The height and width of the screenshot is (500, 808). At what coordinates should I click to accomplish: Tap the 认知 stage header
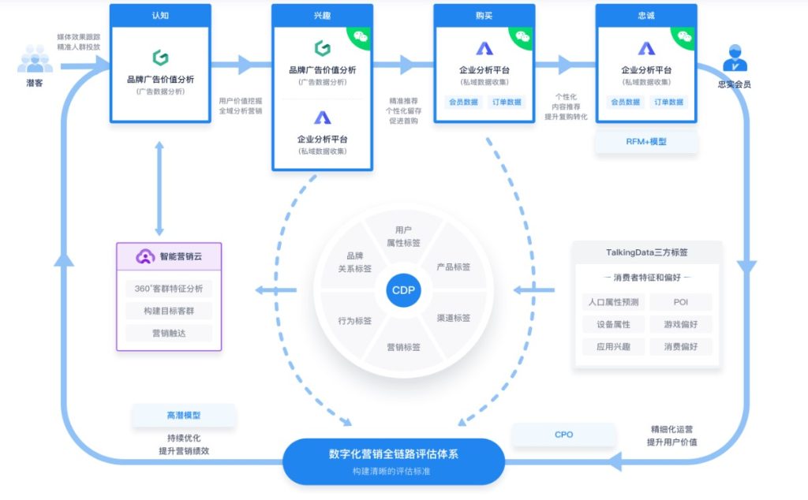pos(160,15)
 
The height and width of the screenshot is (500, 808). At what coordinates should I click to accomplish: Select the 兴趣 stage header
pos(322,15)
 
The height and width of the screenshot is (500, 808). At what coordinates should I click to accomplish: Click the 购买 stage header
pos(484,15)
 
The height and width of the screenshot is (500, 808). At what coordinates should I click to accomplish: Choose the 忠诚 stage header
pos(645,15)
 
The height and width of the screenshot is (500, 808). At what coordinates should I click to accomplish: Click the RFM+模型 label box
pos(646,142)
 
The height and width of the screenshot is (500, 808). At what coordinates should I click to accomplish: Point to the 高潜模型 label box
pos(184,415)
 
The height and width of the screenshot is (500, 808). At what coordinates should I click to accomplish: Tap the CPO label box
pos(563,435)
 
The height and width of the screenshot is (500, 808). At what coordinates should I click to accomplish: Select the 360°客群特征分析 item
pos(169,289)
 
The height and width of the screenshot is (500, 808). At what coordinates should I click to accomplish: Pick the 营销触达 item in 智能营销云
pos(169,333)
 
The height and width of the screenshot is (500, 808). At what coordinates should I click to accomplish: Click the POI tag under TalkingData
pos(680,302)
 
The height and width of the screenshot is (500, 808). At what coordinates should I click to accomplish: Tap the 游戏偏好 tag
pos(680,324)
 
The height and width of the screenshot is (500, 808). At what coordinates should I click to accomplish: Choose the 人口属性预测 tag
pos(614,302)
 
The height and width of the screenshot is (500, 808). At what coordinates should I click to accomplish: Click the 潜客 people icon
pos(35,59)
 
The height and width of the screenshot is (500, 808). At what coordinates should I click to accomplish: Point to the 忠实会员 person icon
pos(734,58)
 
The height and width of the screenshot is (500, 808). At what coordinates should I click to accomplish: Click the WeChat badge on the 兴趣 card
pos(361,36)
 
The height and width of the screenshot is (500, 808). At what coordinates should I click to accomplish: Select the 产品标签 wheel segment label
pos(454,267)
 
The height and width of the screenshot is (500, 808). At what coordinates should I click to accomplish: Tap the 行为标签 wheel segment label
pos(355,320)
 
